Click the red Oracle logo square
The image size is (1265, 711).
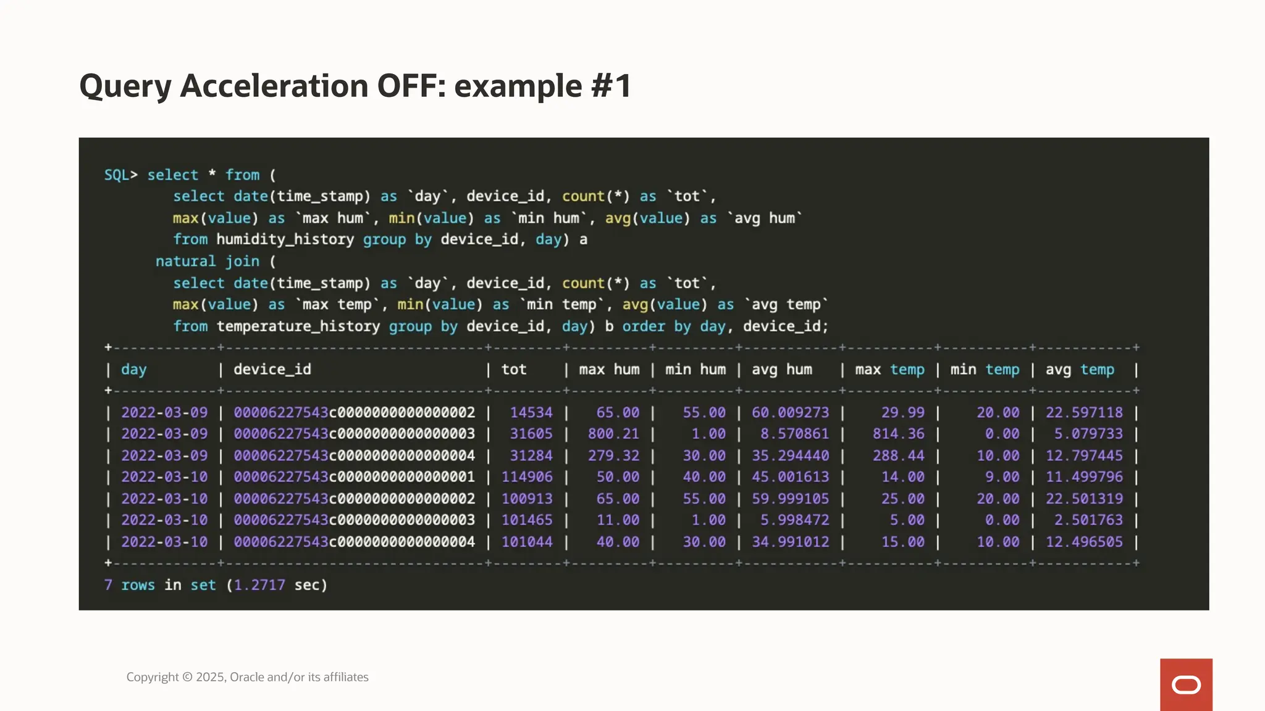point(1186,684)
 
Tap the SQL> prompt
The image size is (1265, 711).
point(120,175)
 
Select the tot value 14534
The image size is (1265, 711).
point(531,412)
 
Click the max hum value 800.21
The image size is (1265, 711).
point(613,434)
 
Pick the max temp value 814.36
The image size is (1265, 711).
point(898,434)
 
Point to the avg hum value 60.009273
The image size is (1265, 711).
point(790,412)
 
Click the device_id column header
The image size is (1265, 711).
point(272,370)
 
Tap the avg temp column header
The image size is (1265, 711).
point(1080,370)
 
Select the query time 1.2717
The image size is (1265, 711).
point(259,585)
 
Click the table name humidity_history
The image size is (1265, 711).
point(285,239)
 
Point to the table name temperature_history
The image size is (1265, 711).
point(298,326)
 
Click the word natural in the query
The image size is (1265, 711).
point(185,262)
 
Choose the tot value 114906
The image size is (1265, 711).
point(527,477)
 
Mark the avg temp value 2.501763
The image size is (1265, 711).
point(1088,520)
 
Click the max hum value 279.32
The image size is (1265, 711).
point(613,455)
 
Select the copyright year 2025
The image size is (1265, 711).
point(210,677)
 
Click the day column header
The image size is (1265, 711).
point(133,370)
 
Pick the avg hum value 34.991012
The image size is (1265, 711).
point(790,542)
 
